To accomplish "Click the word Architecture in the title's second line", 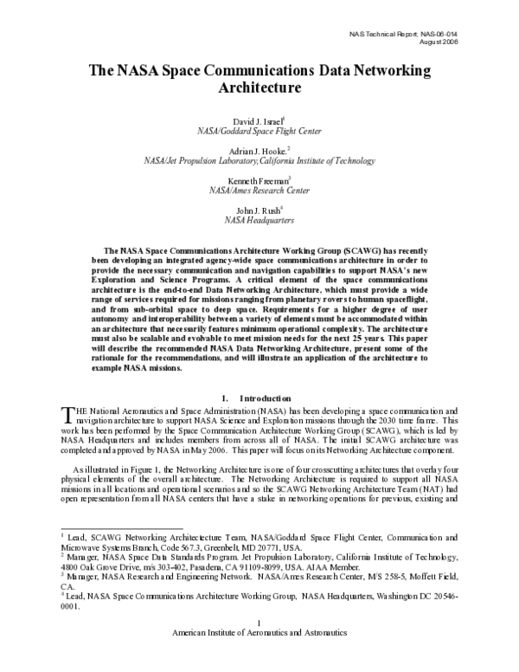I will (259, 87).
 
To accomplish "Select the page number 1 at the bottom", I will (259, 648).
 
